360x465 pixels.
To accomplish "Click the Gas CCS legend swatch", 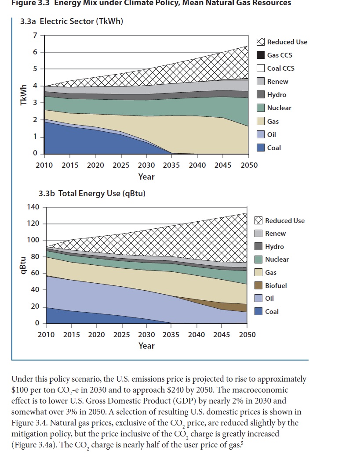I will pyautogui.click(x=261, y=55).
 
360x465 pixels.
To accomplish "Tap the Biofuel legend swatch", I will pyautogui.click(x=259, y=285).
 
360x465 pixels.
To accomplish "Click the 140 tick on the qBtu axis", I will pyautogui.click(x=34, y=207).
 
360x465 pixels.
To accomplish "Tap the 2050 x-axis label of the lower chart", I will pyautogui.click(x=247, y=335).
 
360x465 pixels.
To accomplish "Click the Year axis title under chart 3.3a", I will pyautogui.click(x=146, y=177).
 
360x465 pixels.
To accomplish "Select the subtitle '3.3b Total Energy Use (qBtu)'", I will pyautogui.click(x=92, y=193).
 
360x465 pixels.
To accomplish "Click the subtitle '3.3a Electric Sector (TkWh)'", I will pyautogui.click(x=71, y=21).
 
